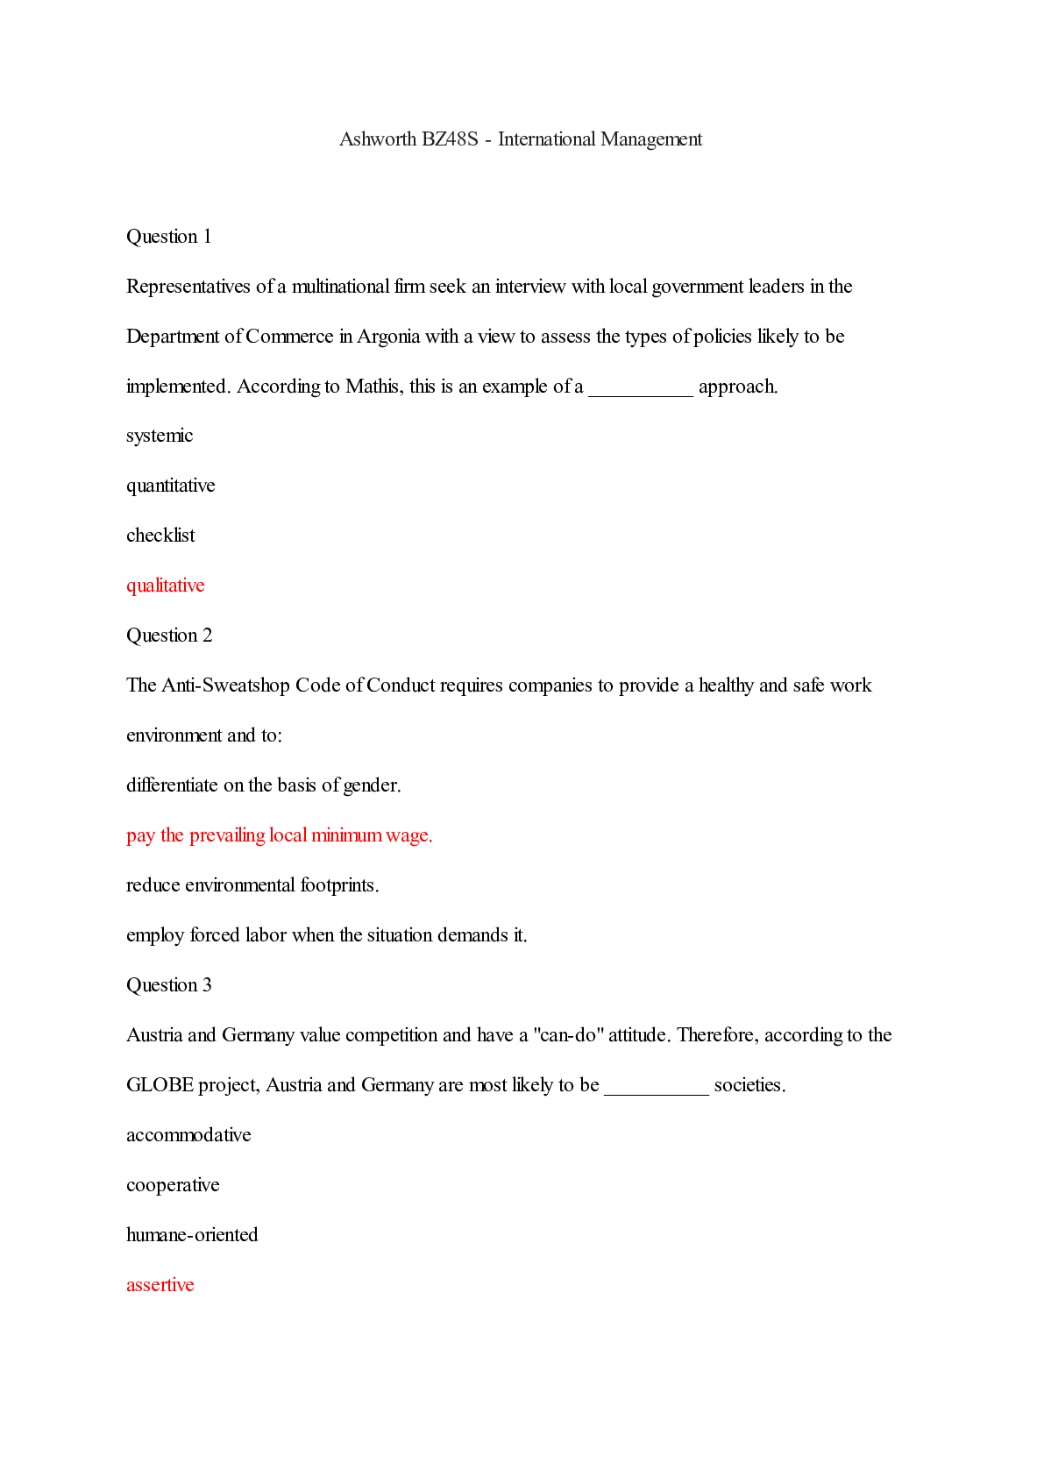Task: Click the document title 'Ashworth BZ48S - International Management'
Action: [x=521, y=139]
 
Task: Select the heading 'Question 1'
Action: [x=168, y=237]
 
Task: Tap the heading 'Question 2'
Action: [x=168, y=636]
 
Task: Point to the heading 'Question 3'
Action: [x=168, y=985]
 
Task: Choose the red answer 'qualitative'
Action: [x=165, y=586]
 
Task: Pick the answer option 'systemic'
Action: [x=159, y=436]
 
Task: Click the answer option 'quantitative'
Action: [x=170, y=486]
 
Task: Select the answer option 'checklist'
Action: [x=160, y=536]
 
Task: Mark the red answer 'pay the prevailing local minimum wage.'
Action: [x=279, y=835]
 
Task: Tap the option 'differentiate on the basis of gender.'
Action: [x=263, y=785]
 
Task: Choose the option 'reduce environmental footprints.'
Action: [x=252, y=885]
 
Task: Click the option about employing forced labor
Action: [x=326, y=935]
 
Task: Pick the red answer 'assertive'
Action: [x=160, y=1285]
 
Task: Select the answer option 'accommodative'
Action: [x=188, y=1135]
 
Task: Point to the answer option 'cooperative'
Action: [x=173, y=1185]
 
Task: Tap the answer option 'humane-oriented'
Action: [x=192, y=1235]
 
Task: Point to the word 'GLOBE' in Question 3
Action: [x=160, y=1085]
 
